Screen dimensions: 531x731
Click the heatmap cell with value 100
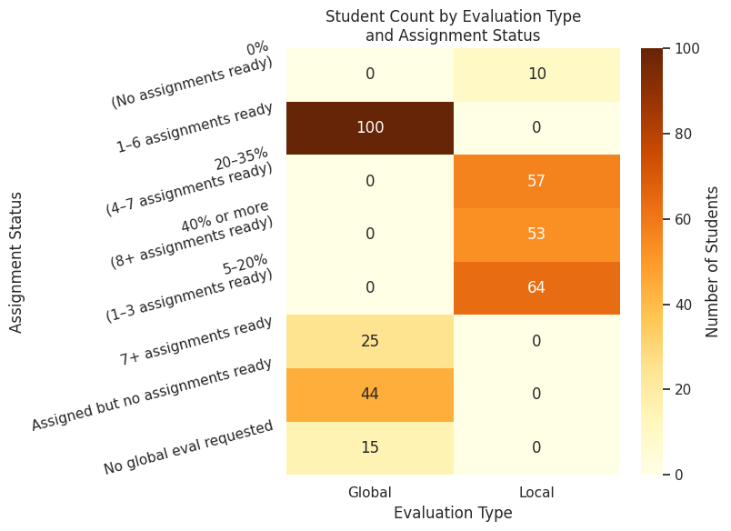pyautogui.click(x=370, y=127)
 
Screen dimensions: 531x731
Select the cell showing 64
pyautogui.click(x=536, y=287)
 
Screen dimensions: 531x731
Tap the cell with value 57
pyautogui.click(x=536, y=181)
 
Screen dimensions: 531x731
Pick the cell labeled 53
pyautogui.click(x=536, y=235)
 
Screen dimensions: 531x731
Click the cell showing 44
pyautogui.click(x=370, y=394)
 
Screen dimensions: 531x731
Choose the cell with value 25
pyautogui.click(x=370, y=341)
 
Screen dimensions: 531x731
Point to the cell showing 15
pyautogui.click(x=370, y=447)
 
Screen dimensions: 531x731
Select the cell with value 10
pyautogui.click(x=536, y=74)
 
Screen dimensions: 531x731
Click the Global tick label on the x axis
pyautogui.click(x=370, y=492)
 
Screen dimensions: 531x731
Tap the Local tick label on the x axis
pyautogui.click(x=536, y=492)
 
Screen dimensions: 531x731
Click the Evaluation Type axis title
pyautogui.click(x=453, y=513)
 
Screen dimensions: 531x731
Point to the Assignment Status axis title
pyautogui.click(x=16, y=261)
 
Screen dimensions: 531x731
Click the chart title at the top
pyautogui.click(x=453, y=26)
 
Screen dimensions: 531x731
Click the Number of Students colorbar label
pyautogui.click(x=713, y=261)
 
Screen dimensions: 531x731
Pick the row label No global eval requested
pyautogui.click(x=188, y=447)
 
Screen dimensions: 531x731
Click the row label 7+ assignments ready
pyautogui.click(x=196, y=341)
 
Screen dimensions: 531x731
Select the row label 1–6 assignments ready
pyautogui.click(x=195, y=127)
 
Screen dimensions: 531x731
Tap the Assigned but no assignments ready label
pyautogui.click(x=152, y=395)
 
